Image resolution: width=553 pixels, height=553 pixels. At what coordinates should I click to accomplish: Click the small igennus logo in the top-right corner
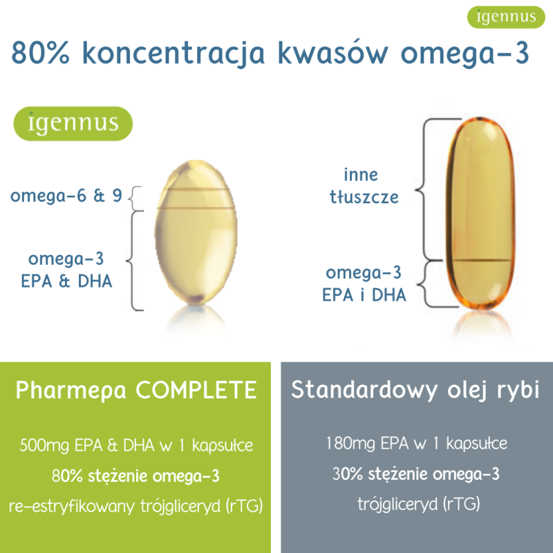click(x=506, y=17)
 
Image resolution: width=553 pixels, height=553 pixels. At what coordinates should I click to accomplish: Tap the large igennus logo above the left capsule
click(x=73, y=124)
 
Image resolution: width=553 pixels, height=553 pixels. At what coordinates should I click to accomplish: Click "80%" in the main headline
click(x=40, y=53)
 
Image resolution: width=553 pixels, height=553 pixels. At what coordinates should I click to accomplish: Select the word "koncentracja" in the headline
click(x=174, y=54)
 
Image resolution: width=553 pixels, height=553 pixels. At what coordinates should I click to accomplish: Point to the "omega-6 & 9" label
click(x=66, y=196)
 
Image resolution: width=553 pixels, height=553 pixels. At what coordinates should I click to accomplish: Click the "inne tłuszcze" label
click(x=364, y=186)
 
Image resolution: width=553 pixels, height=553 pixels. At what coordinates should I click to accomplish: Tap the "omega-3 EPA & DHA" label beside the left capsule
click(x=66, y=270)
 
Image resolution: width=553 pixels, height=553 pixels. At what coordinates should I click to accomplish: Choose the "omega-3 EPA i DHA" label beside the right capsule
click(x=364, y=283)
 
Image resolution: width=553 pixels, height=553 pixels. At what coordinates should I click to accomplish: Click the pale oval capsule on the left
click(x=196, y=233)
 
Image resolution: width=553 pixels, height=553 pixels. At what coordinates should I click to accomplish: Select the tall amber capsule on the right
click(x=480, y=214)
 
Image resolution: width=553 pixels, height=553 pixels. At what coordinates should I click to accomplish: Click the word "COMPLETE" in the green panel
click(x=196, y=390)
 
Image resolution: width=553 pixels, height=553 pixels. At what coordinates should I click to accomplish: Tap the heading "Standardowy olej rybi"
click(x=415, y=390)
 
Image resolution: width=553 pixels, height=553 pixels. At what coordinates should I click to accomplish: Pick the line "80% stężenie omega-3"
click(x=135, y=476)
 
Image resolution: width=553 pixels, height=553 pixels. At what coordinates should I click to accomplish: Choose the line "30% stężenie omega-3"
click(x=416, y=474)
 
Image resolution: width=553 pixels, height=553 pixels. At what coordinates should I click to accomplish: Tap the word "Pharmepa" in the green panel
click(x=71, y=391)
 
